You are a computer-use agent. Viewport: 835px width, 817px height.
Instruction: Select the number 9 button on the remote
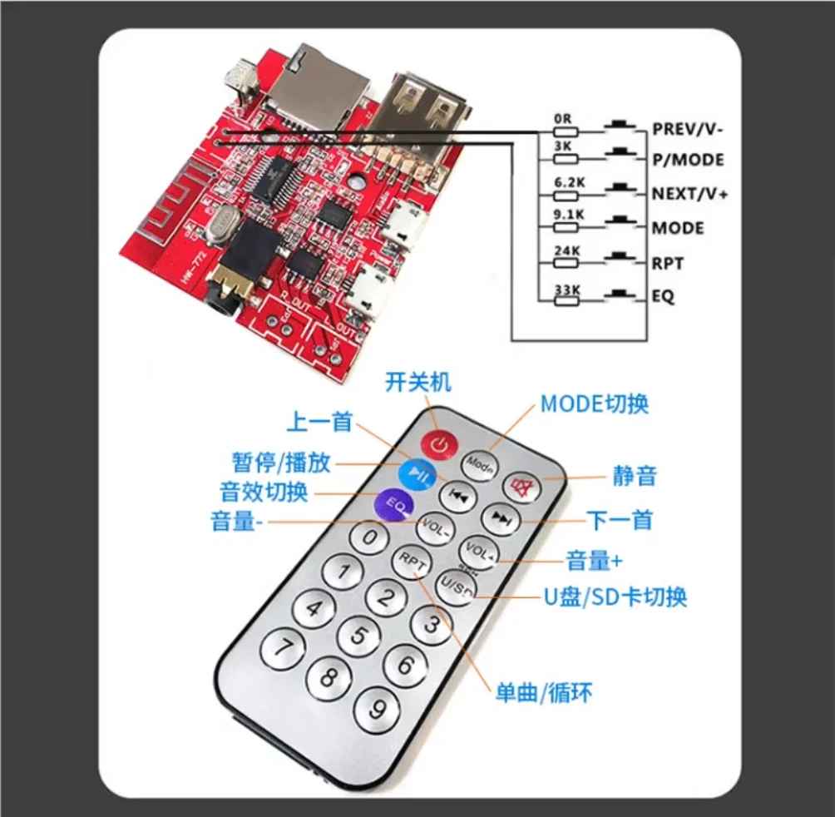coord(378,709)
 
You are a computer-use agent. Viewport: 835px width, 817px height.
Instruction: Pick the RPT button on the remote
coord(413,562)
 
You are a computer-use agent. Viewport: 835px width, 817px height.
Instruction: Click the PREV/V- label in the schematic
coord(689,129)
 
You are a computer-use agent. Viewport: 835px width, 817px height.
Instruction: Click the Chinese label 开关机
coord(417,383)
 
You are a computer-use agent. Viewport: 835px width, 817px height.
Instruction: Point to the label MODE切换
coord(594,404)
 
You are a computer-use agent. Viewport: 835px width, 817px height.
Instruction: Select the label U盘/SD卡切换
coord(615,597)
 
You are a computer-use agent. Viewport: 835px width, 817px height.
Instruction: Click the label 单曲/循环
coord(544,692)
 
